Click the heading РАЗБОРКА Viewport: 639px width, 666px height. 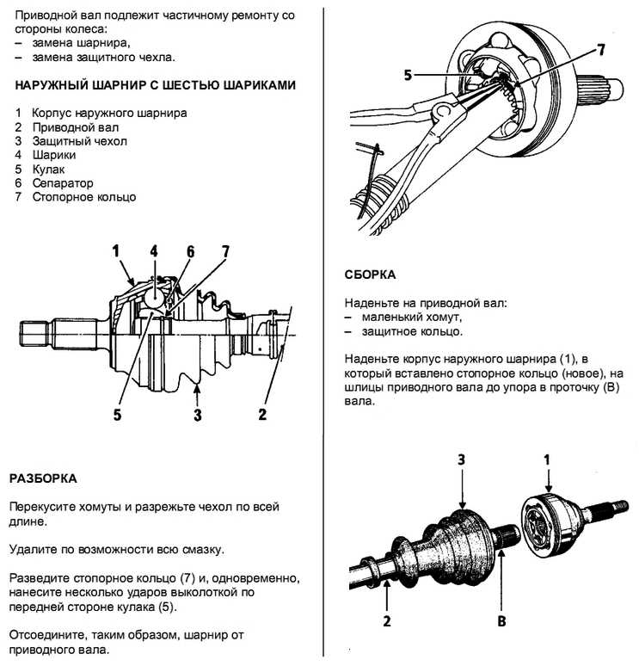pos(42,478)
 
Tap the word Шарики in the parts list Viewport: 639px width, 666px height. pos(54,155)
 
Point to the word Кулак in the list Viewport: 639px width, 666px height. pos(49,170)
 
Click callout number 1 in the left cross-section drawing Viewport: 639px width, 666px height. pos(114,251)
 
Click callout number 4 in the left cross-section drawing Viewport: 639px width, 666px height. pos(154,251)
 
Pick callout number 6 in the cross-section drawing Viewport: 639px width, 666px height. pos(191,251)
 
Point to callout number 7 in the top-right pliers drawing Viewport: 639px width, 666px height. pos(601,50)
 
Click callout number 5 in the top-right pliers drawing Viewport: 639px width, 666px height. pos(408,75)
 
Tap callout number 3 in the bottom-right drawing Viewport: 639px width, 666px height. pos(462,460)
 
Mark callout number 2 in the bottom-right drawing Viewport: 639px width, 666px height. pos(387,619)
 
